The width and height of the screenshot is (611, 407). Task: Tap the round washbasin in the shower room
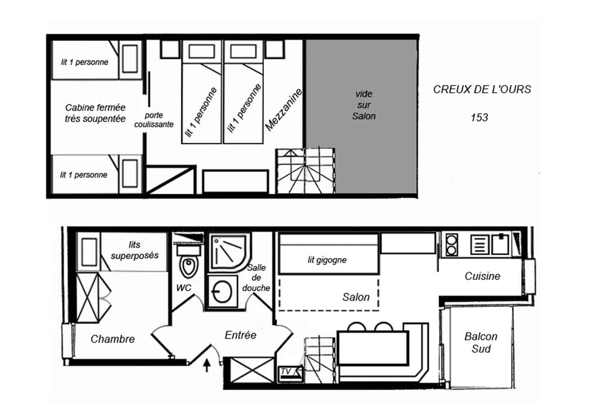(x=222, y=292)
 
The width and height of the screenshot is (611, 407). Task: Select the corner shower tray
(x=229, y=252)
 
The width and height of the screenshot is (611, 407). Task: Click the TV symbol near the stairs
(x=290, y=374)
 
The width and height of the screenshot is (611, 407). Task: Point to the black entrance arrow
(x=207, y=365)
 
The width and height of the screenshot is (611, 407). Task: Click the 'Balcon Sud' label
(x=481, y=343)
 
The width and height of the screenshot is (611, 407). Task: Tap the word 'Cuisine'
(x=483, y=276)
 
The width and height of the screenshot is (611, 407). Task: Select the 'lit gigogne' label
(x=327, y=260)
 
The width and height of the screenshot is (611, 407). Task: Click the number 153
(x=479, y=118)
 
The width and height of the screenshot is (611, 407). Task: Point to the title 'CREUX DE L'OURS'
(x=482, y=90)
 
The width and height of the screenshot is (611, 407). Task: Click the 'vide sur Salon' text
(x=364, y=105)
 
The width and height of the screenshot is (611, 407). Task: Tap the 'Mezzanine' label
(x=284, y=109)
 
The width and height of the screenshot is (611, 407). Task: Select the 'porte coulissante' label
(x=154, y=120)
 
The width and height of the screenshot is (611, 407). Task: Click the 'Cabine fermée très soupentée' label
(x=95, y=113)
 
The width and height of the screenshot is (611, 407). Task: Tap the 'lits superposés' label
(x=135, y=250)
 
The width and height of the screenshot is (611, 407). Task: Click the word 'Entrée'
(x=240, y=335)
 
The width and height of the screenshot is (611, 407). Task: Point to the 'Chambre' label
(x=113, y=339)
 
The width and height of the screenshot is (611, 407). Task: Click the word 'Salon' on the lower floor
(x=356, y=297)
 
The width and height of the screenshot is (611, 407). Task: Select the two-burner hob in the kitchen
(x=451, y=245)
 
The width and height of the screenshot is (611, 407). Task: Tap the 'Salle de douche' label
(x=256, y=278)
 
